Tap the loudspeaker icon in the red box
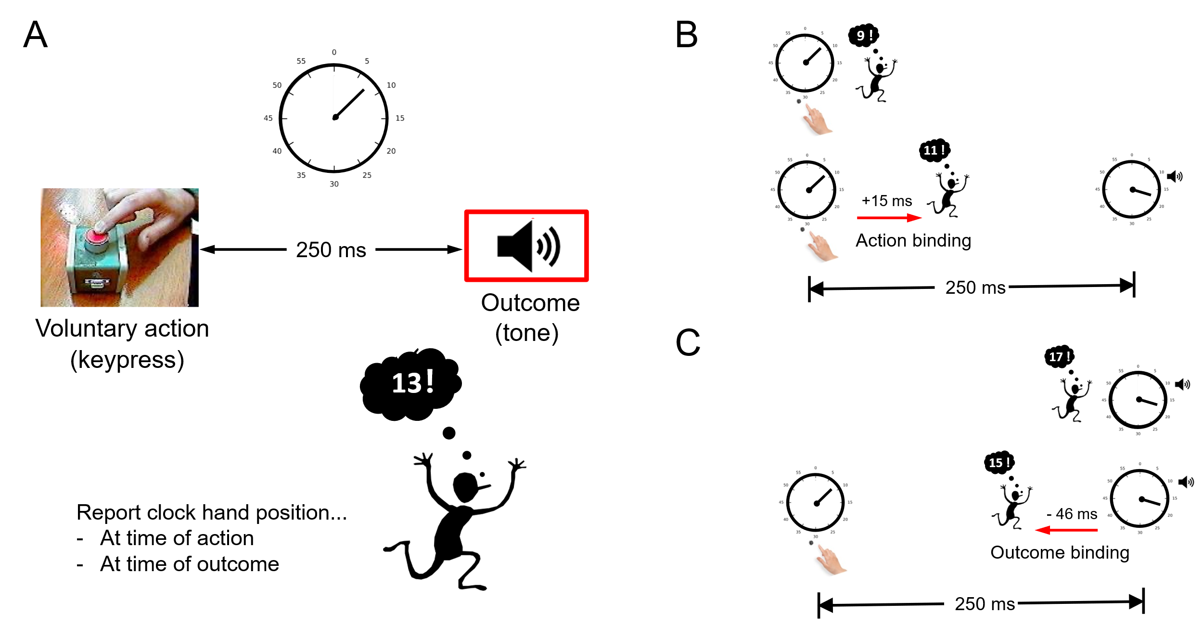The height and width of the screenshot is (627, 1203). click(x=529, y=247)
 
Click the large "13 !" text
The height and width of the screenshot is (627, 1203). click(x=413, y=383)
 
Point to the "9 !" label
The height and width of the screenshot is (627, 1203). click(x=865, y=36)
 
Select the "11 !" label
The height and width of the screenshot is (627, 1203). click(x=934, y=150)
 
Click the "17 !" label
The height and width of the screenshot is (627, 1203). click(x=1060, y=357)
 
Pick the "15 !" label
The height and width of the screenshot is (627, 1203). click(x=999, y=463)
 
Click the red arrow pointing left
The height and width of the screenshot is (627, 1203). click(x=1066, y=530)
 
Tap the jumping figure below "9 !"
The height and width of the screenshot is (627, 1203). click(x=876, y=79)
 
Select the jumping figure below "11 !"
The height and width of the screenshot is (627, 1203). click(x=948, y=195)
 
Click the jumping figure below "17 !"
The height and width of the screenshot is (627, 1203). click(x=1072, y=400)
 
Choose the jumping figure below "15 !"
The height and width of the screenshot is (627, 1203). click(x=1012, y=507)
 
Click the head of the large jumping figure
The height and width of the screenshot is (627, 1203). click(x=466, y=486)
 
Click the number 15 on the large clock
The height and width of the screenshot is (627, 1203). click(x=400, y=118)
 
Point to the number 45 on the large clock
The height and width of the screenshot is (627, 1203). click(x=268, y=118)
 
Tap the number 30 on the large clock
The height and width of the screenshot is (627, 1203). click(x=334, y=184)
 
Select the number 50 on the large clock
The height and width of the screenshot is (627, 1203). click(x=277, y=85)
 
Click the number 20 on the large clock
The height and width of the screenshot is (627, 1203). click(x=391, y=151)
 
